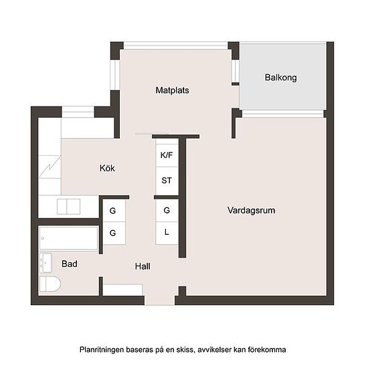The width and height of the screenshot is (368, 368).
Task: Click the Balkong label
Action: (x=281, y=78)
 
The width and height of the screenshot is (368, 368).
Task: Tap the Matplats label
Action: (x=172, y=90)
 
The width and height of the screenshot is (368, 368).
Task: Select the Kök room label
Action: (x=107, y=168)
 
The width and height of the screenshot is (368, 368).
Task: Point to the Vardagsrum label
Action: (x=251, y=210)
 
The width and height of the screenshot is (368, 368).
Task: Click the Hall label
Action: (x=143, y=266)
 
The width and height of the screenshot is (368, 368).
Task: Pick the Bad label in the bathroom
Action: (x=69, y=264)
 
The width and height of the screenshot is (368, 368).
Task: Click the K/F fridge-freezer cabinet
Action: (x=167, y=155)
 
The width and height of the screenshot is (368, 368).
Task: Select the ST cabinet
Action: (x=167, y=181)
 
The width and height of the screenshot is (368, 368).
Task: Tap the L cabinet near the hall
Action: (x=167, y=233)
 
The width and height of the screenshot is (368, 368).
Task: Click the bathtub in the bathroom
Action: (x=68, y=238)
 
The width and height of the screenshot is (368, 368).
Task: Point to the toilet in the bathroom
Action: (x=50, y=284)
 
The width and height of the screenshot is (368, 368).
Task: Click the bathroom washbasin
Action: (x=45, y=263)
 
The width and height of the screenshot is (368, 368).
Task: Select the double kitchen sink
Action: (x=68, y=207)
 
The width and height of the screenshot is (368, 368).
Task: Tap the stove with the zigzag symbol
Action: (x=50, y=167)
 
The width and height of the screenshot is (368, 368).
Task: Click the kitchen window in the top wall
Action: (x=78, y=112)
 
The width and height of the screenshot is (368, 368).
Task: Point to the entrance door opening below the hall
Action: (x=160, y=300)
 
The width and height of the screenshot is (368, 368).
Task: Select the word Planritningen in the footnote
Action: (x=102, y=350)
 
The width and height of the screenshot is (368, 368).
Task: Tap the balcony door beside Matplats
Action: (x=235, y=72)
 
